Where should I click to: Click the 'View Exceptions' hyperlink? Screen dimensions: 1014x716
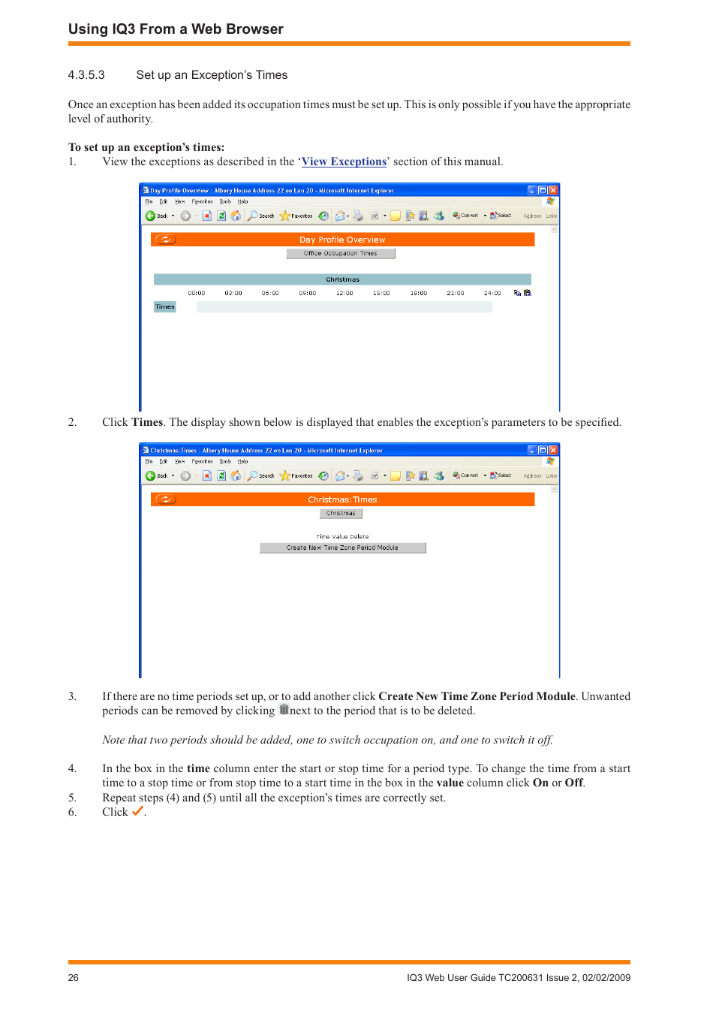click(344, 161)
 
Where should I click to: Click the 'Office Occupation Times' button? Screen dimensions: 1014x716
click(340, 254)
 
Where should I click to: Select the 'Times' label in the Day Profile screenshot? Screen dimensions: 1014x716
click(165, 307)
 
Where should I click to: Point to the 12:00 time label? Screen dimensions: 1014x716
click(344, 294)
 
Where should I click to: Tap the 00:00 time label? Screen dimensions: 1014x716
click(197, 294)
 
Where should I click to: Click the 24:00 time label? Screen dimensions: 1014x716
click(492, 294)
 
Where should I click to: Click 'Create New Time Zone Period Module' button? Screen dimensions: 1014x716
click(342, 548)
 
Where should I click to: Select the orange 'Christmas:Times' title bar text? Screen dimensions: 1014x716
click(342, 499)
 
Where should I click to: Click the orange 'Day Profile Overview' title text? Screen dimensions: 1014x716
click(342, 240)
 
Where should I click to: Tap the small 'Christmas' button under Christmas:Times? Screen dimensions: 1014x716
click(341, 514)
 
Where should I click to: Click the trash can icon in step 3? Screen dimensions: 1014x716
click(284, 710)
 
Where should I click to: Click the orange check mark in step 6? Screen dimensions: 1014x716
click(137, 811)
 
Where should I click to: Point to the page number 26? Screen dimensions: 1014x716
click(74, 978)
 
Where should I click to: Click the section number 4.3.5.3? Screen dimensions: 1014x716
click(86, 75)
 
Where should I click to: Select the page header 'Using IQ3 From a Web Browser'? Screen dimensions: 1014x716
click(176, 29)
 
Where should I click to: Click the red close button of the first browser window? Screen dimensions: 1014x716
click(553, 191)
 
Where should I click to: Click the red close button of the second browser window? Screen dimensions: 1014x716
click(553, 451)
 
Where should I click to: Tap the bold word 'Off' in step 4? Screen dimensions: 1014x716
click(573, 783)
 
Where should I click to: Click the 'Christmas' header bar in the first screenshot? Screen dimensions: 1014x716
click(342, 279)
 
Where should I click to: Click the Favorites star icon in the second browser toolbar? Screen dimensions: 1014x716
click(285, 475)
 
